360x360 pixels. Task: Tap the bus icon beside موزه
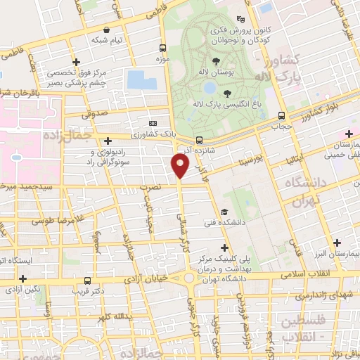point(163,49)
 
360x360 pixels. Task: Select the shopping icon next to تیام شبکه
point(106,30)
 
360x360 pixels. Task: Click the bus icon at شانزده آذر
point(200,139)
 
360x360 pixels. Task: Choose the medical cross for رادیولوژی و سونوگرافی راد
point(108,141)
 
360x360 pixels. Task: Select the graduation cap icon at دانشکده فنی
point(224,212)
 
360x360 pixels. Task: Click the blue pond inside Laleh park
point(210,88)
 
